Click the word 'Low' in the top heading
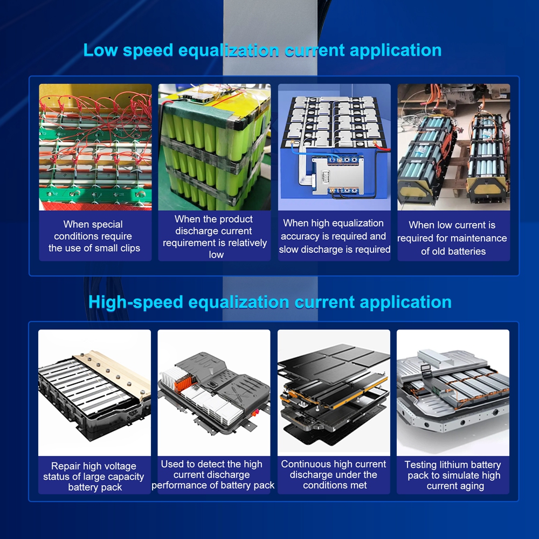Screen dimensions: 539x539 tap(100, 50)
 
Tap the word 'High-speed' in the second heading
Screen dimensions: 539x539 tap(135, 303)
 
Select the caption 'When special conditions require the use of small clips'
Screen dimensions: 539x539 tap(94, 236)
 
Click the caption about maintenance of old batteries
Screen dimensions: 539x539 tap(452, 238)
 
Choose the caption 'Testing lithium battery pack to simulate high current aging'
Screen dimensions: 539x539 tap(453, 475)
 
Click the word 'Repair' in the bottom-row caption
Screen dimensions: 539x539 tap(66, 466)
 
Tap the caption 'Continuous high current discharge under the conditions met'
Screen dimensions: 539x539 tap(334, 474)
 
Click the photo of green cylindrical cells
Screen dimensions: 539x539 tap(215, 147)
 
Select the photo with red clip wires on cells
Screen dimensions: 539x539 tap(95, 147)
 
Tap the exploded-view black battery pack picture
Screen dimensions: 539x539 tap(334, 392)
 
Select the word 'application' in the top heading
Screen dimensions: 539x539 tap(396, 51)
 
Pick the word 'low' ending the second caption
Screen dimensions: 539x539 tap(216, 255)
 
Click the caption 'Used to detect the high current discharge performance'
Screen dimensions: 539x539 tap(213, 474)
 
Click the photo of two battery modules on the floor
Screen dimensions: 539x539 tap(454, 147)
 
